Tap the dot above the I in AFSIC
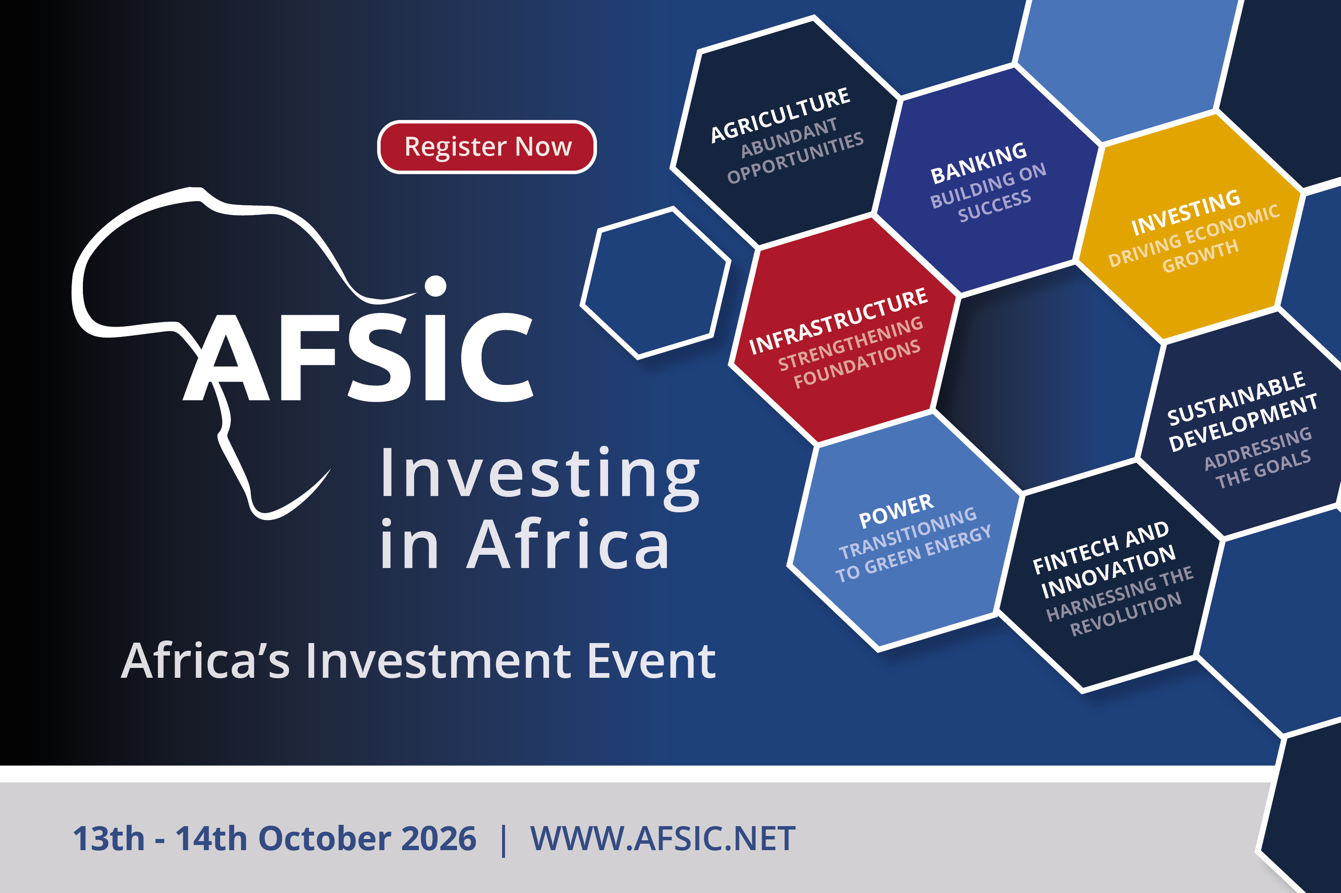tap(436, 286)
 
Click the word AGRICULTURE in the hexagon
tap(780, 115)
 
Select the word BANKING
tap(978, 163)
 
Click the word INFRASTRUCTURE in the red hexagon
tap(838, 321)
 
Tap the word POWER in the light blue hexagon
tap(896, 511)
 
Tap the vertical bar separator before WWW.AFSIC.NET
tap(503, 840)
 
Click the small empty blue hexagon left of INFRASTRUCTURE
tap(655, 283)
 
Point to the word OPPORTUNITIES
tap(796, 158)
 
